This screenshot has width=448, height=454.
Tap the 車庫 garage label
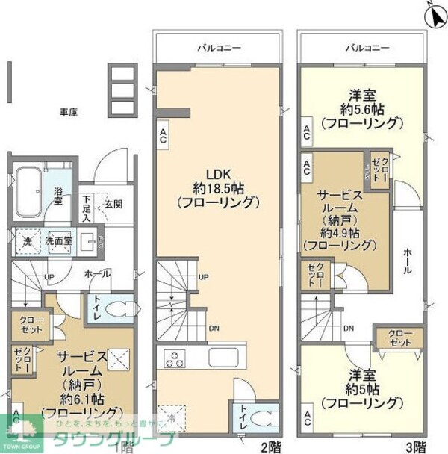69,112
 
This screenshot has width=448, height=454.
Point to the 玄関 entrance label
113,203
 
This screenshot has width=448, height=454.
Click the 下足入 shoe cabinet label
87,208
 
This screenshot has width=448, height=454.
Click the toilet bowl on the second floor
261,419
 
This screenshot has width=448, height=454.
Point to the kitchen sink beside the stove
223,355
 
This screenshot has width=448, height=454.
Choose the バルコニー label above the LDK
217,47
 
